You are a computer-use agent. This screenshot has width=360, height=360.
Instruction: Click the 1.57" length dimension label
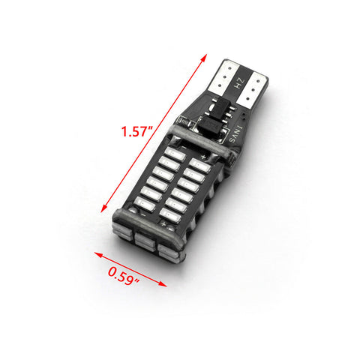pyautogui.click(x=136, y=131)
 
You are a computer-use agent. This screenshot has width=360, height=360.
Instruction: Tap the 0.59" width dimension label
pyautogui.click(x=124, y=275)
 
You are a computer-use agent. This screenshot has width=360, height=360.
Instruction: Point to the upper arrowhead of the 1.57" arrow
pyautogui.click(x=204, y=58)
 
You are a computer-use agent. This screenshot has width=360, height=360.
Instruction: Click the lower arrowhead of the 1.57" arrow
pyautogui.click(x=104, y=208)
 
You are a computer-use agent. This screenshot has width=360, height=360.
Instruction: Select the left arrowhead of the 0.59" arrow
pyautogui.click(x=98, y=254)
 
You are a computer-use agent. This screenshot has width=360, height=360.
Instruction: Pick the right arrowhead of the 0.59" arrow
pyautogui.click(x=163, y=284)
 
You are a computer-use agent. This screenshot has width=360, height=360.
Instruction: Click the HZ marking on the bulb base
pyautogui.click(x=240, y=82)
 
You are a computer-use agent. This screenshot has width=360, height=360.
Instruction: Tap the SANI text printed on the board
pyautogui.click(x=236, y=134)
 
